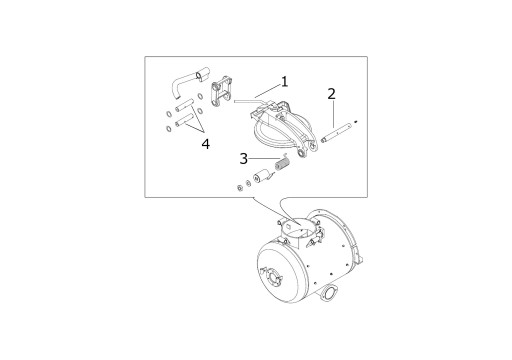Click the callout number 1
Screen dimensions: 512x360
(x=284, y=82)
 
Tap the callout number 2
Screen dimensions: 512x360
(x=331, y=94)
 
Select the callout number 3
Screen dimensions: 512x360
(x=244, y=159)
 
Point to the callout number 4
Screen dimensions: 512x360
(x=206, y=144)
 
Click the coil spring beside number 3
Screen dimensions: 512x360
(x=282, y=164)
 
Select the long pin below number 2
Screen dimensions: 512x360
(x=336, y=133)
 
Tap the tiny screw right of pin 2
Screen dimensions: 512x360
(x=357, y=121)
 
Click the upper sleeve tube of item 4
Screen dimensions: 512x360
(x=184, y=104)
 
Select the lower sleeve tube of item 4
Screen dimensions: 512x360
(x=184, y=120)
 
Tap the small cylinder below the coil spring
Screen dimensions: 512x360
(x=261, y=177)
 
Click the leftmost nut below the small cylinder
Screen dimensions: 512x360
(x=239, y=188)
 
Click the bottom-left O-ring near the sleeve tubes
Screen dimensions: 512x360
(x=169, y=128)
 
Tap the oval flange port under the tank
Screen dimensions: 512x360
(x=330, y=293)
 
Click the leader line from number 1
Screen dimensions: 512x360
(x=268, y=91)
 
